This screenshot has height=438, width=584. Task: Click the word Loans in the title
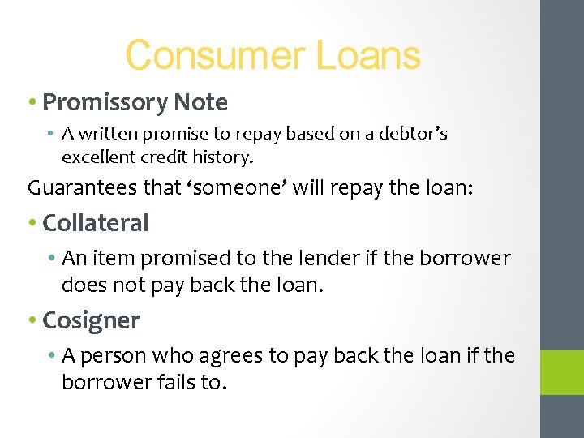(367, 56)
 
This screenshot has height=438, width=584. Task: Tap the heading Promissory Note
(135, 103)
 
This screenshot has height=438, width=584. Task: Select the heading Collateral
(96, 223)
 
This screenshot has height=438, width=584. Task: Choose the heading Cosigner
(91, 320)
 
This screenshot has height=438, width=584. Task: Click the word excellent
(98, 155)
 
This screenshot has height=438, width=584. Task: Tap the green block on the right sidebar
(562, 372)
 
